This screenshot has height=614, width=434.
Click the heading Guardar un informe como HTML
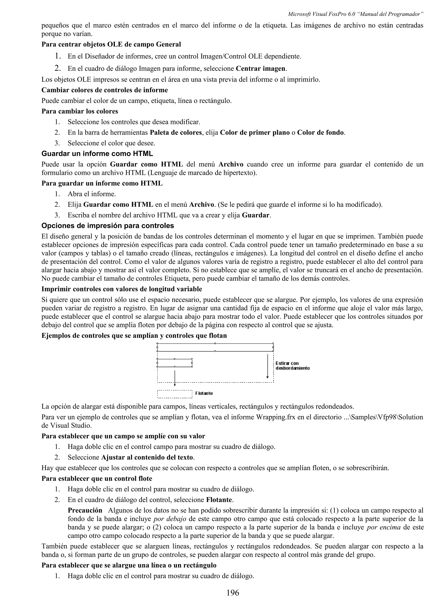[x=97, y=154]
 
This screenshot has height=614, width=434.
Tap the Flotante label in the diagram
[x=204, y=393]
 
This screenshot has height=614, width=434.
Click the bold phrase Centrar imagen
[x=260, y=69]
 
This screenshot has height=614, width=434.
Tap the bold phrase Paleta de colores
[x=176, y=133]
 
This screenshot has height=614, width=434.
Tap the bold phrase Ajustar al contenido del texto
[x=147, y=457]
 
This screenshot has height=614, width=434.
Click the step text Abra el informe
[x=92, y=194]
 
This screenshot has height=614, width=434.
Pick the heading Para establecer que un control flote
[x=97, y=479]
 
